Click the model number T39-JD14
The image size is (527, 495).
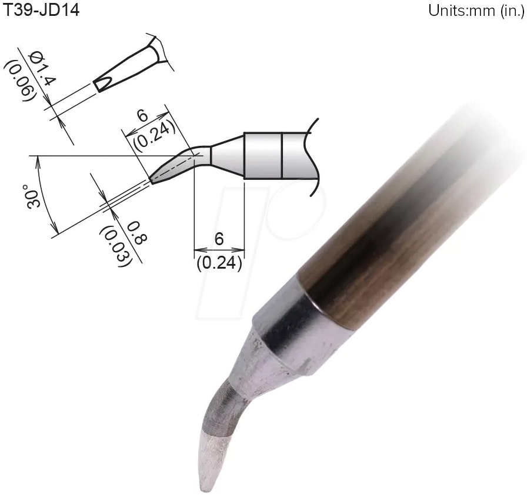click(41, 10)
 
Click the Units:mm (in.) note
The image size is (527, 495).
click(475, 11)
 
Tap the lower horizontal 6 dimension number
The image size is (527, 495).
click(219, 239)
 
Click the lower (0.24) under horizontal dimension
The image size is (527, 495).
click(219, 263)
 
